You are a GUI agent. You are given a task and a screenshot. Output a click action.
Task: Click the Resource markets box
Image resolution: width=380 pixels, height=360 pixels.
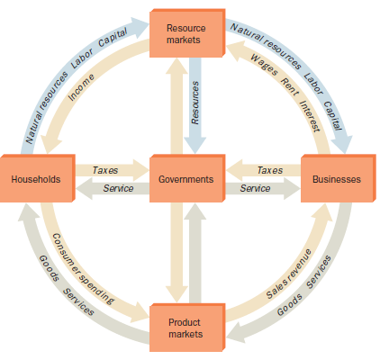click(x=185, y=34)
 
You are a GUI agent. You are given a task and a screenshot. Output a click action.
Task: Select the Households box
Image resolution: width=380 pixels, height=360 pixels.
click(x=35, y=179)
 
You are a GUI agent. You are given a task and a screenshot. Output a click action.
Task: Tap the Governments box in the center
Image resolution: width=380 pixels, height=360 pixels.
click(x=185, y=179)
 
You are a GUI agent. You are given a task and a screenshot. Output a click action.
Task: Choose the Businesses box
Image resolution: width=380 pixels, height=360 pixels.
click(x=335, y=179)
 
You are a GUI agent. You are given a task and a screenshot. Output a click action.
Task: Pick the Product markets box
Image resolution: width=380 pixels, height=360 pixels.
click(x=185, y=327)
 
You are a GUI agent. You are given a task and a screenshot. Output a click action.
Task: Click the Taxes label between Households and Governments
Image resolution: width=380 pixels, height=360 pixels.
click(x=106, y=169)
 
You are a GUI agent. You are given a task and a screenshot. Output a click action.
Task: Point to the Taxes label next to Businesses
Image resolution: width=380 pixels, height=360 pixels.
click(x=269, y=169)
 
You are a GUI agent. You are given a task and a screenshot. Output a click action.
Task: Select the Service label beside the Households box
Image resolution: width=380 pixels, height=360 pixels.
click(x=118, y=189)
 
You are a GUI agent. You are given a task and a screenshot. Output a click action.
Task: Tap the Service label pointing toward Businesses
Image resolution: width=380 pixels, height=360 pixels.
click(x=255, y=189)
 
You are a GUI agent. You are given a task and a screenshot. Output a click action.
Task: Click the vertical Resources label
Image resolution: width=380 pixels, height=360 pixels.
click(x=195, y=102)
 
